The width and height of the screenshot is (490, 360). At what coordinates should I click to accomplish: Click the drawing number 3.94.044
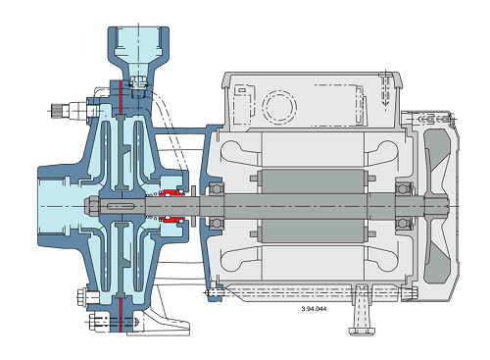(314, 309)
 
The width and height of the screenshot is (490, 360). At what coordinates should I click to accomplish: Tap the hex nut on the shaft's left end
(92, 206)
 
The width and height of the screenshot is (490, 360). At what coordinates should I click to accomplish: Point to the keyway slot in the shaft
(121, 206)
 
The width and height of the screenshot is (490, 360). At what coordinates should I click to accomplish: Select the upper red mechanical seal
(172, 192)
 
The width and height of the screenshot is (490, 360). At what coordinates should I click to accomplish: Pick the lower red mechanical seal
(172, 220)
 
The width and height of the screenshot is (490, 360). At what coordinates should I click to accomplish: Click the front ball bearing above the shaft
(217, 188)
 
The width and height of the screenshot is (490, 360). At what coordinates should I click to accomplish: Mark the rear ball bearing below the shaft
(403, 224)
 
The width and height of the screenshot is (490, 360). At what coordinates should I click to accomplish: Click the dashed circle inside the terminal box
(279, 106)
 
